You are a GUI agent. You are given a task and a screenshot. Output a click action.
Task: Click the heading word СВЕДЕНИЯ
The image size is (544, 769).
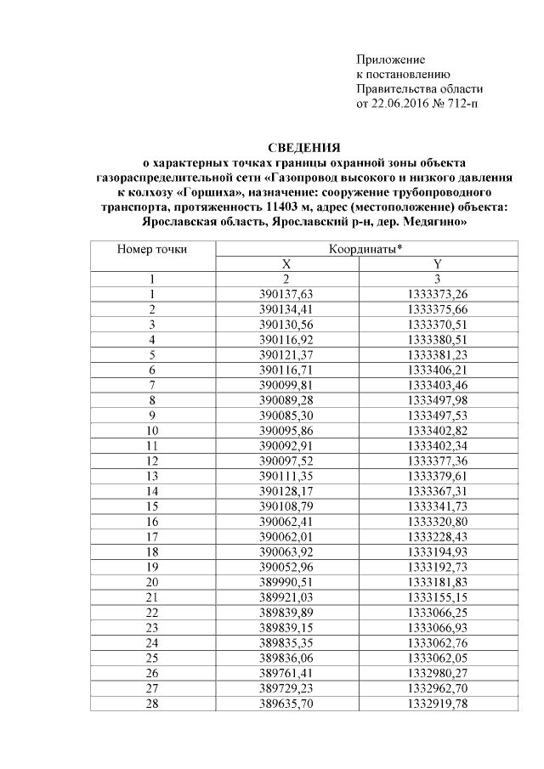304,147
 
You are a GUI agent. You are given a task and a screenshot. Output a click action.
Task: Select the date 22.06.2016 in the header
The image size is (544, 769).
399,104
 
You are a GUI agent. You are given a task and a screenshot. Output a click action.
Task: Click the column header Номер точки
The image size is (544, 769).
152,249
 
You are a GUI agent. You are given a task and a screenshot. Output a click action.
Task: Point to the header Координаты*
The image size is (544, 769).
365,249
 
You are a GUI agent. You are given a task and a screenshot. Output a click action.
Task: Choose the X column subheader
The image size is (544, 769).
286,263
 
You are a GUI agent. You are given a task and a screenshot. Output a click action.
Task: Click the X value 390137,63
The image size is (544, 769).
286,293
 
